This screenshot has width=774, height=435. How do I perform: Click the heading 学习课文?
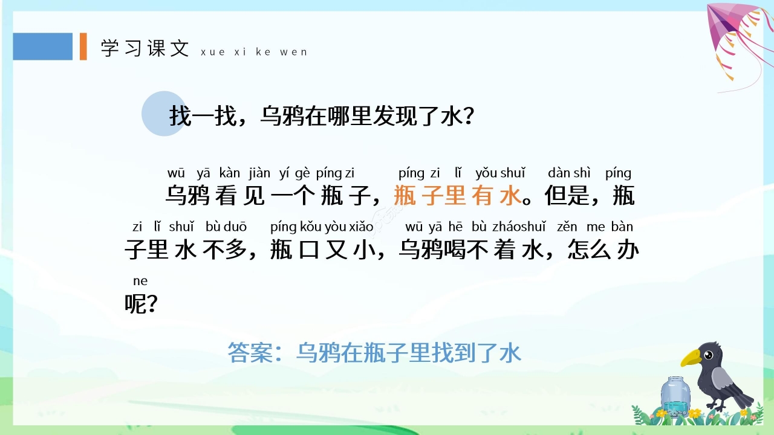[145, 48]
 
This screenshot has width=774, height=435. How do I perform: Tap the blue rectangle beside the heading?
[42, 47]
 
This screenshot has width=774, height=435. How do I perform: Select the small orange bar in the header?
[83, 47]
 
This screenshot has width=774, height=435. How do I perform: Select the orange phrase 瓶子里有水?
[457, 196]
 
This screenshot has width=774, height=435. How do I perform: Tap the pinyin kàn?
[230, 173]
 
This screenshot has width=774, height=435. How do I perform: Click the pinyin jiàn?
[259, 173]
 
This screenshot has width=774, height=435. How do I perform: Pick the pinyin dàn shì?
[569, 173]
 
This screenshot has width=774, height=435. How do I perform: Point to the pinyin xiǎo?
[361, 227]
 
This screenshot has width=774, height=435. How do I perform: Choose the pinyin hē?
[455, 227]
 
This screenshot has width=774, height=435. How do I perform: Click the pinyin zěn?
[567, 227]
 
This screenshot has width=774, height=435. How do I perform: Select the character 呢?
[135, 304]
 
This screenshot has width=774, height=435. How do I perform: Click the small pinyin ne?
[140, 282]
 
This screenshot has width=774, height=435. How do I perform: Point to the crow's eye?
[707, 352]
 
